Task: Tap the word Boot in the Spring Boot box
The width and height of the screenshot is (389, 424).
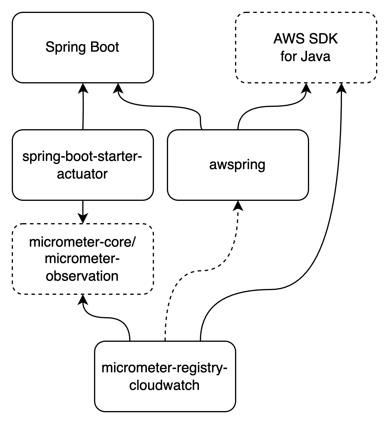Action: coord(105,47)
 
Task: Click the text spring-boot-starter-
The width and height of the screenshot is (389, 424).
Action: coord(82,157)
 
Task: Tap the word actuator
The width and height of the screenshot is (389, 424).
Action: coord(82,174)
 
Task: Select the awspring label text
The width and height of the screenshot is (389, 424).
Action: coord(237,164)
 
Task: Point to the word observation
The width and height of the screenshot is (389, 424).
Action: coord(82,276)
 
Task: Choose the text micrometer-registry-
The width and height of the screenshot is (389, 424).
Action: coord(165,368)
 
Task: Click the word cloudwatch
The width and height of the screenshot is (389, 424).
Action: coord(165,385)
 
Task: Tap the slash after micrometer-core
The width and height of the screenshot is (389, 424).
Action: coord(134,242)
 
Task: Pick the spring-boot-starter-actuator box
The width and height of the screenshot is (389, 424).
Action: coord(83,188)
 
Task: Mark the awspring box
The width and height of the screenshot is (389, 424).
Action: coord(238,185)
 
